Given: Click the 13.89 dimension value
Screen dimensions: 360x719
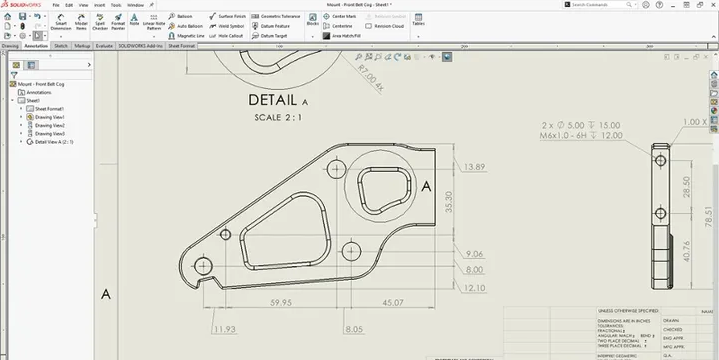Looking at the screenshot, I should pyautogui.click(x=474, y=167).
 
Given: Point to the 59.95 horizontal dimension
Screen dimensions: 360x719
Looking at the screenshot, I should pyautogui.click(x=280, y=302).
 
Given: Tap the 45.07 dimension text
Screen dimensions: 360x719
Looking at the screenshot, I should pyautogui.click(x=392, y=302).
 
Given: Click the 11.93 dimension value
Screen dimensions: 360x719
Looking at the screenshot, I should pyautogui.click(x=225, y=328).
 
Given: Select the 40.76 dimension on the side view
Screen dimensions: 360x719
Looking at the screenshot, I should pyautogui.click(x=686, y=248).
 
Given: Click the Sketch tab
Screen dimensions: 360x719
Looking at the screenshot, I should pyautogui.click(x=61, y=46).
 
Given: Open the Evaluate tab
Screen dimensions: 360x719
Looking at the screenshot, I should pyautogui.click(x=103, y=46).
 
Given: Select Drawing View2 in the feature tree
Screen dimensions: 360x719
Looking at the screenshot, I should pyautogui.click(x=49, y=125).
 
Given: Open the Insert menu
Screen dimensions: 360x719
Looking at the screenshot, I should pyautogui.click(x=99, y=5).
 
